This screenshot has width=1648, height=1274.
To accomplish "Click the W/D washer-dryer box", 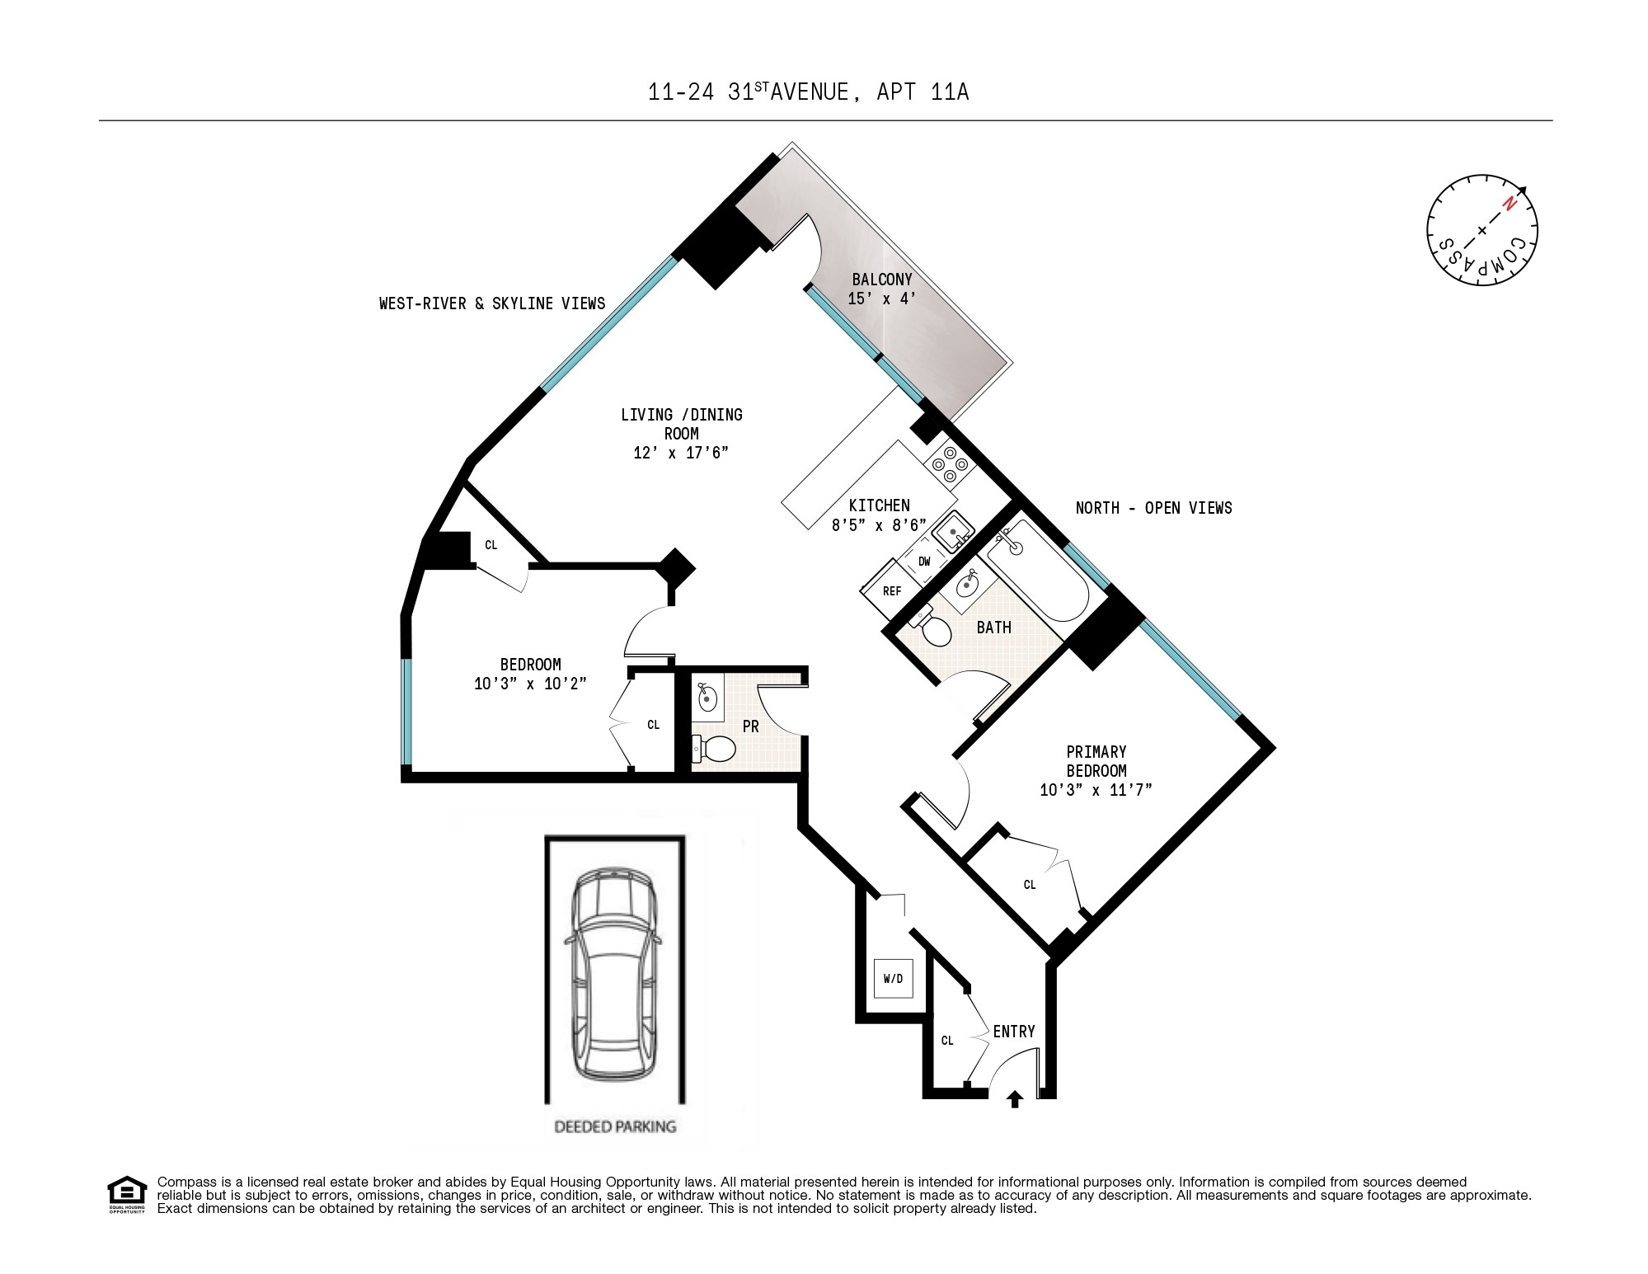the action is pos(893,978).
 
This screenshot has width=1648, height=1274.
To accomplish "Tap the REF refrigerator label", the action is pos(892,591).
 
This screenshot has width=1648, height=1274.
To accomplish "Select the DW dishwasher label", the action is pos(924,562).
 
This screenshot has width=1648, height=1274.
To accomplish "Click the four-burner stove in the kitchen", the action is pos(950,464).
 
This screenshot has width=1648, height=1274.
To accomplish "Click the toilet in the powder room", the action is pos(714,749).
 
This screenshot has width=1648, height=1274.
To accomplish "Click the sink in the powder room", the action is pos(707,699).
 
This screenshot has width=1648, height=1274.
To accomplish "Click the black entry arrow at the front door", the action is pos(1015,1098).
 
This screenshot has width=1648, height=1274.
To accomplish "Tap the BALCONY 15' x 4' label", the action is pos(882,289).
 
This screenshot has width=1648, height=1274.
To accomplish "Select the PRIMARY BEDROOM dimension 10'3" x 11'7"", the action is pos(1096,790).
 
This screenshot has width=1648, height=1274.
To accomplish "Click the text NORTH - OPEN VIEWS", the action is pos(1153,508).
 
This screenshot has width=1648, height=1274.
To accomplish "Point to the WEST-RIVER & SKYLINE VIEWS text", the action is pos(492,303).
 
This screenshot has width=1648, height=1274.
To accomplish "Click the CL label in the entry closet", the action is pos(947,1041).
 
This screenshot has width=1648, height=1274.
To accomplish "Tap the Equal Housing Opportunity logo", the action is pos(126,1194).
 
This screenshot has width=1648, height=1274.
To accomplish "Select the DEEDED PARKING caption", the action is pos(615,1126).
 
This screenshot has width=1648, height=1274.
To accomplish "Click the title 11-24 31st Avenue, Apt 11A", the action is pos(809,92).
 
